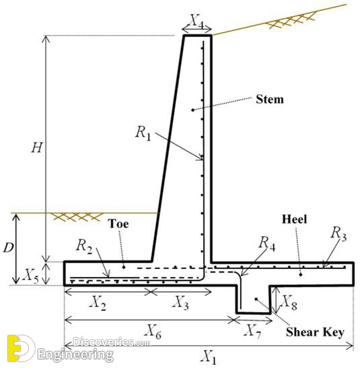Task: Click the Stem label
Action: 270,99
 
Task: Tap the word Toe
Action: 118,223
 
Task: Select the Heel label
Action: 294,219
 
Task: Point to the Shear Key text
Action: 315,332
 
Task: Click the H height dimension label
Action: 37,148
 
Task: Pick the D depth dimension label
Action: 8,248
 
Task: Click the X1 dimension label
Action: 209,357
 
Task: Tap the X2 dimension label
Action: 98,303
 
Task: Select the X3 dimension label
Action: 180,303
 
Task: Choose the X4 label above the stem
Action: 196,22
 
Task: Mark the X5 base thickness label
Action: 31,276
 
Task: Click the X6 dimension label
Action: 153,331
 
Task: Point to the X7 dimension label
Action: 252,331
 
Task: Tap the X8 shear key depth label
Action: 289,302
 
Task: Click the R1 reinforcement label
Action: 143,133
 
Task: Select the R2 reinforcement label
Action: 84,246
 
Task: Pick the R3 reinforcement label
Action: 338,233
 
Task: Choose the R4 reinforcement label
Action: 267,243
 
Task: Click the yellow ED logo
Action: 21,348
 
